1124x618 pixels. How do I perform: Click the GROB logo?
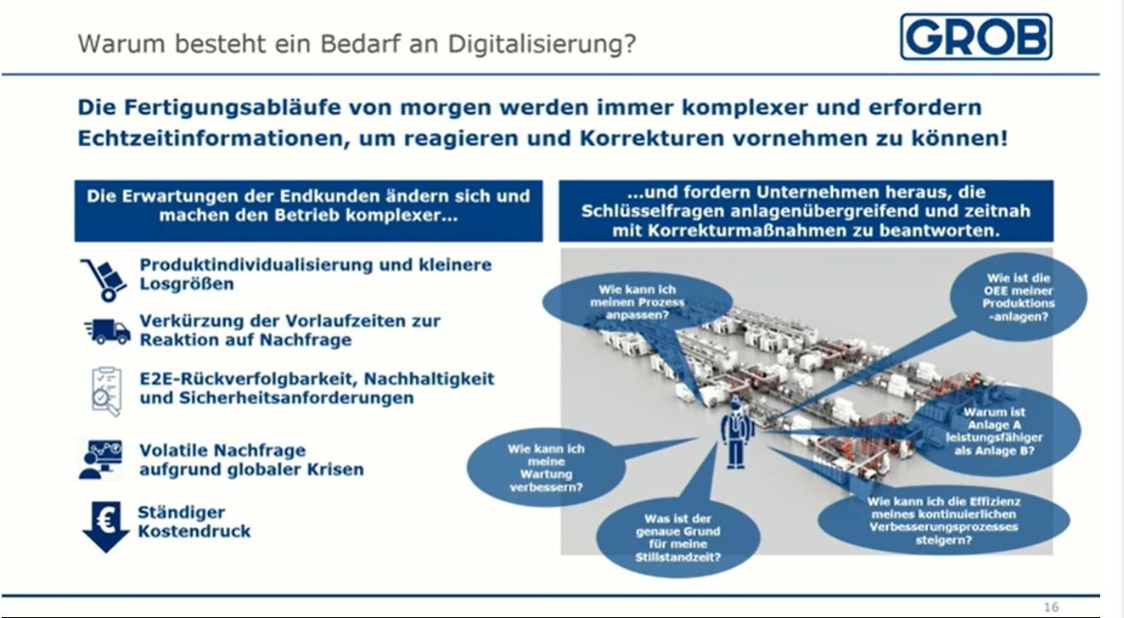(x=976, y=37)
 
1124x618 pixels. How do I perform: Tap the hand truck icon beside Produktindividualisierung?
(x=104, y=280)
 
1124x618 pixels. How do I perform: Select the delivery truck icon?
(x=107, y=332)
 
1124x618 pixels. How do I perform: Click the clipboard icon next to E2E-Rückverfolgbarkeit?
(x=106, y=391)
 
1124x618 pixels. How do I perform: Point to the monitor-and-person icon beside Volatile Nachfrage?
(x=100, y=459)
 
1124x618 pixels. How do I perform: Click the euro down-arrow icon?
(x=106, y=526)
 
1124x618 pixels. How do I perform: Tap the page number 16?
(x=1051, y=607)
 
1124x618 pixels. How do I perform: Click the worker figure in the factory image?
(x=736, y=432)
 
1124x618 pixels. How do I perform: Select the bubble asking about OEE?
(x=1018, y=297)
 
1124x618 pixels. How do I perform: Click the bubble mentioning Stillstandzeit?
(x=678, y=537)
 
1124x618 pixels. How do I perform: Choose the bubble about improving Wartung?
(x=546, y=468)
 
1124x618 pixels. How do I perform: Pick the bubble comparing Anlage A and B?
(x=994, y=431)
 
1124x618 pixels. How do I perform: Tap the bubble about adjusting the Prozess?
(x=638, y=302)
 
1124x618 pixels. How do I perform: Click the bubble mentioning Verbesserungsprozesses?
(x=943, y=520)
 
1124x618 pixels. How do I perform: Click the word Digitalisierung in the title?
(x=542, y=43)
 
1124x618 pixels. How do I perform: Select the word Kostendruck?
(x=194, y=531)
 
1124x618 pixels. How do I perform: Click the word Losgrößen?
(x=187, y=284)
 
